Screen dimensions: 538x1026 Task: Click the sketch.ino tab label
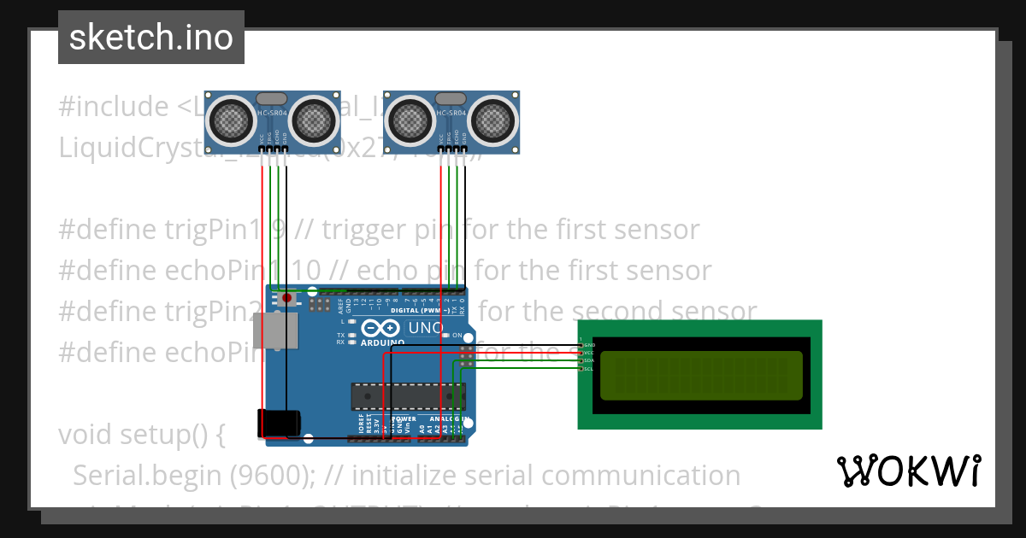(150, 38)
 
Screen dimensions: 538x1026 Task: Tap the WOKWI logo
(908, 471)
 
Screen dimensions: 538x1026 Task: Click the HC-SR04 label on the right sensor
(451, 113)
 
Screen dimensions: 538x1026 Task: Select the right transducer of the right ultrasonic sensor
(493, 120)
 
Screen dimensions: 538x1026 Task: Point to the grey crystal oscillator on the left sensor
(271, 100)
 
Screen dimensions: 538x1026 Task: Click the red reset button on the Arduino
(287, 299)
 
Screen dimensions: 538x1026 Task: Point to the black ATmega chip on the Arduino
(407, 395)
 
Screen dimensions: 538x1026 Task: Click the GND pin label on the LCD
(588, 345)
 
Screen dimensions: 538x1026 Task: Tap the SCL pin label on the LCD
(588, 368)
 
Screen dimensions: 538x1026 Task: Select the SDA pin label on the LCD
(588, 360)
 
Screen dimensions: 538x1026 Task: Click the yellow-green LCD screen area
(701, 376)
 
